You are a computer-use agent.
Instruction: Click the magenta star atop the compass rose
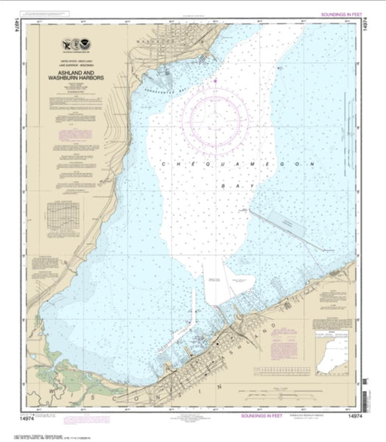[x=215, y=80]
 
